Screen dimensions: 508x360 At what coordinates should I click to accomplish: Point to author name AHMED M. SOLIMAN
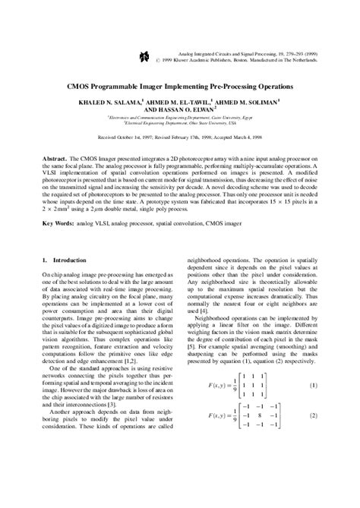(x=251, y=100)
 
